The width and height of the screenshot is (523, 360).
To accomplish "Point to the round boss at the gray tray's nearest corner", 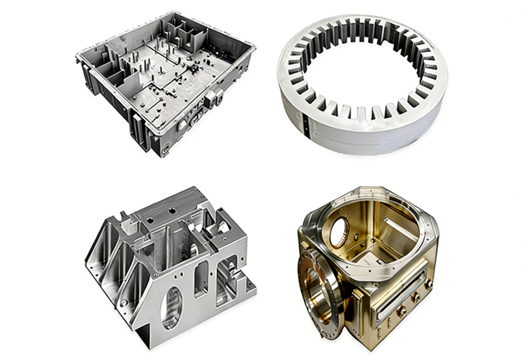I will pos(165,150).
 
